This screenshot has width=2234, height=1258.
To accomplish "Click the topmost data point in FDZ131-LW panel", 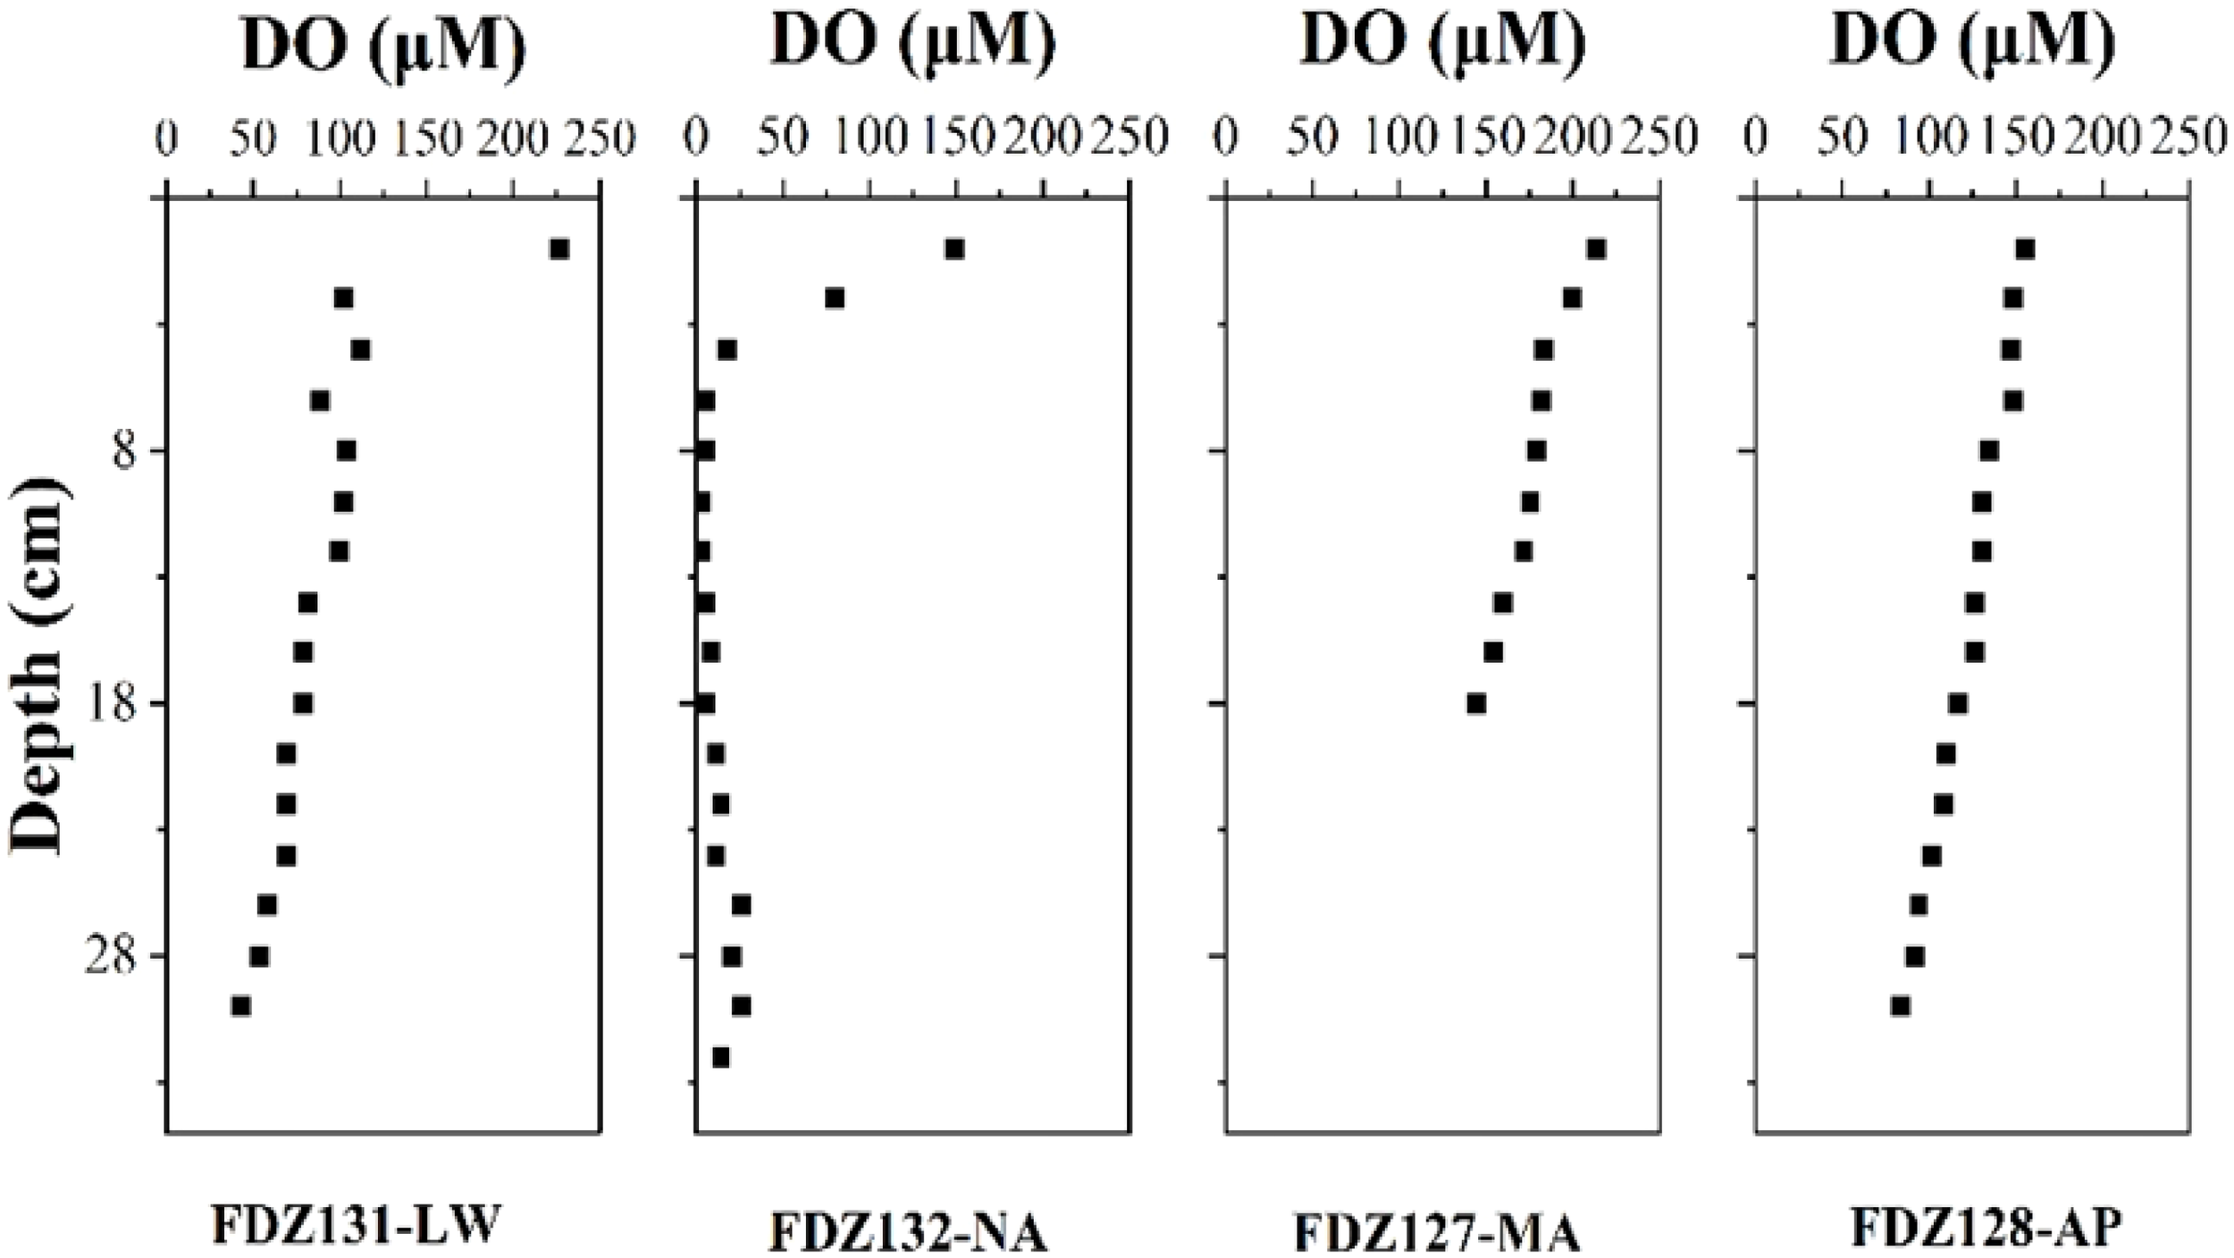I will point(559,249).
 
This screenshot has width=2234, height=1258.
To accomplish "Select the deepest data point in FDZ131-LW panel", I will point(240,1007).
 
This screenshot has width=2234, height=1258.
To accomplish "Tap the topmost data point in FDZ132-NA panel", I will point(954,249).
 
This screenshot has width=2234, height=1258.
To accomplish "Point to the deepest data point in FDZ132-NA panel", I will point(721,1058).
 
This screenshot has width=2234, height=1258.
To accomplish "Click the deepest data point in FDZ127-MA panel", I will point(1476,704).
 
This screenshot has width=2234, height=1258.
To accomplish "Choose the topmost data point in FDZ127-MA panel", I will point(1596,249).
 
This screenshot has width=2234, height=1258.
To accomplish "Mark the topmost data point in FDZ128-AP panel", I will point(2025,249).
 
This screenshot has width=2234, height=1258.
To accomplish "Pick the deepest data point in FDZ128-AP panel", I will point(1901,1007).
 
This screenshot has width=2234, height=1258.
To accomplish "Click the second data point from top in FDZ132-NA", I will point(835,298).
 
